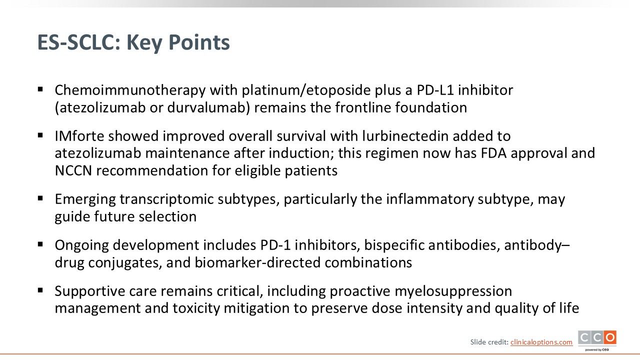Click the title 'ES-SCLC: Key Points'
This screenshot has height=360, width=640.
pyautogui.click(x=133, y=42)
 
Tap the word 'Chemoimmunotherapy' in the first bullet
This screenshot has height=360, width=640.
pyautogui.click(x=130, y=90)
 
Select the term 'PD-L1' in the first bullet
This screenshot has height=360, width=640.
pyautogui.click(x=435, y=90)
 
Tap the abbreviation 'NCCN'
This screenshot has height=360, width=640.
pyautogui.click(x=73, y=171)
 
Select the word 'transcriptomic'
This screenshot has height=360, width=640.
pyautogui.click(x=166, y=199)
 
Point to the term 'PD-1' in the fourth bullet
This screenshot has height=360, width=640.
pyautogui.click(x=275, y=245)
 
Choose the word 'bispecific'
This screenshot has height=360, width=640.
pyautogui.click(x=394, y=245)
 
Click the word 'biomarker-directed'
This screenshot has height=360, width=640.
pyautogui.click(x=257, y=262)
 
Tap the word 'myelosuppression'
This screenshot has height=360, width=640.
pyautogui.click(x=453, y=291)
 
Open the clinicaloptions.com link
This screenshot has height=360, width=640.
pyautogui.click(x=541, y=342)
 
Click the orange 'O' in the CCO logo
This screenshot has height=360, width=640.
pyautogui.click(x=610, y=337)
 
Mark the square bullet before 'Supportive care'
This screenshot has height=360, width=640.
pyautogui.click(x=40, y=291)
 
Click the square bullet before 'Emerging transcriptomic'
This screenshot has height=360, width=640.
pyautogui.click(x=40, y=198)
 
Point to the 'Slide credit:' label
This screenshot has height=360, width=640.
pyautogui.click(x=489, y=342)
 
